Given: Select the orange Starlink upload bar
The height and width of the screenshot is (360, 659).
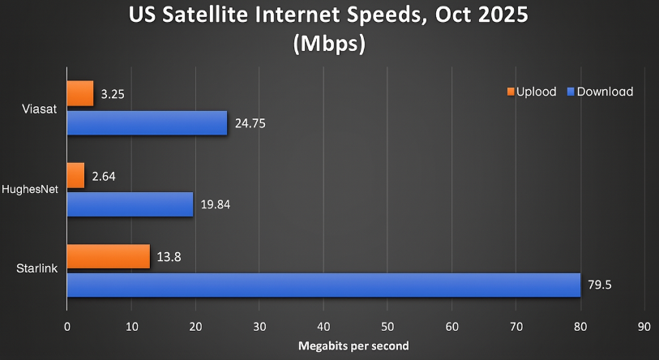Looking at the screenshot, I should point(108,256).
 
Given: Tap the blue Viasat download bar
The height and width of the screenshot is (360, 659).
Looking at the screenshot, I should point(146,123).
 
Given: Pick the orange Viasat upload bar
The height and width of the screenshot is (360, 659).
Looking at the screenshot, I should point(79,94).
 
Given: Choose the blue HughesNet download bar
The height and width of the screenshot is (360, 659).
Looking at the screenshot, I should point(129,204).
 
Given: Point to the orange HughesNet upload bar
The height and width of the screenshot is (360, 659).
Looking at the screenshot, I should point(75,175).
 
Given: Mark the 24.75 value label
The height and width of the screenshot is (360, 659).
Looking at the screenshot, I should point(250,124).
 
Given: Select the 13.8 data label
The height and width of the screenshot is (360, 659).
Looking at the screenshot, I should point(169,257).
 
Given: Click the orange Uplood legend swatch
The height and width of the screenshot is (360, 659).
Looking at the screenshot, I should point(511,92).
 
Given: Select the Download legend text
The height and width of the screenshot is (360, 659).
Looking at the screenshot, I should point(605,92).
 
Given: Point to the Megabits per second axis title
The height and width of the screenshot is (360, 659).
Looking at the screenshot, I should point(355,346).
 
